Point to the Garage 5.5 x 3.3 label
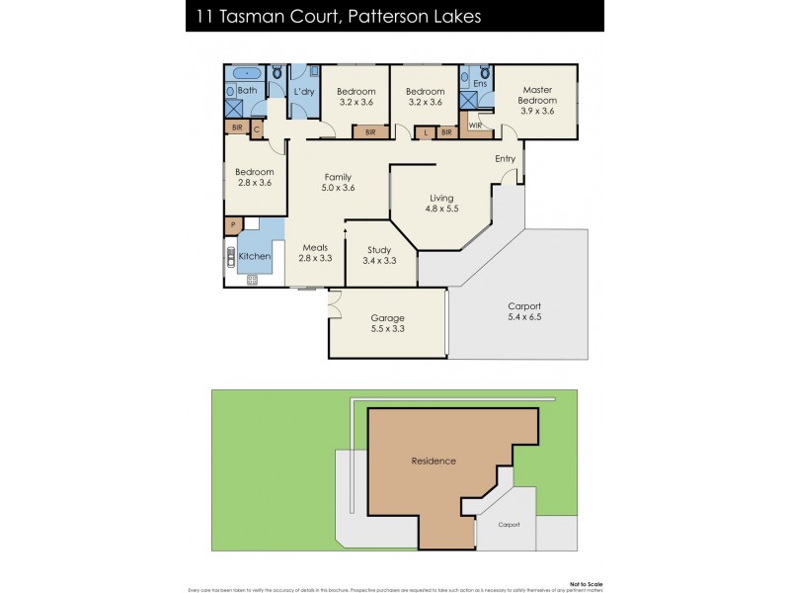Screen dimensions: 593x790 pos(387,323)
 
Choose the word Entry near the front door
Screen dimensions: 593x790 pos(505,158)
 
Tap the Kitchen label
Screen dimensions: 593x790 pos(255,256)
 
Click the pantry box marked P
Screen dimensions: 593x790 pos(233,225)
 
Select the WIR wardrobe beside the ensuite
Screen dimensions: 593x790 pos(475,126)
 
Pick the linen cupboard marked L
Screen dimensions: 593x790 pos(426,131)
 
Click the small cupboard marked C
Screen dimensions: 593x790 pos(257,127)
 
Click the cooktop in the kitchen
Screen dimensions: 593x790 pos(252,280)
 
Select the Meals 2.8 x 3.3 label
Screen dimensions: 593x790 pos(315,253)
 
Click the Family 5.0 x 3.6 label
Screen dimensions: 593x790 pos(337,182)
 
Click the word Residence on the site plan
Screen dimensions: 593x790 pos(433,461)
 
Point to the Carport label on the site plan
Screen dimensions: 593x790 pos(509,525)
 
